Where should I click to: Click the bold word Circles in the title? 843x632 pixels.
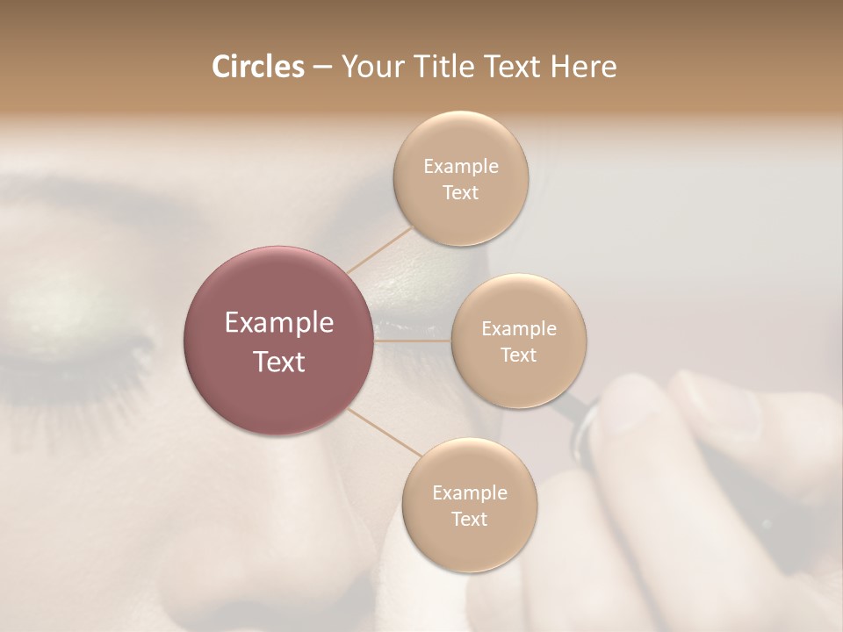(258, 67)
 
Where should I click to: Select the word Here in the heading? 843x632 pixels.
(583, 67)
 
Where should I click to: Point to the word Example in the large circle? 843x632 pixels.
(279, 323)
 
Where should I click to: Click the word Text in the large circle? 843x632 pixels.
(279, 361)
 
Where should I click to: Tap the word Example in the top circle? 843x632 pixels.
(461, 167)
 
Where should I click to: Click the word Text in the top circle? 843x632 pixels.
(461, 192)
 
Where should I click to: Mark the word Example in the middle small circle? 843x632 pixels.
(519, 329)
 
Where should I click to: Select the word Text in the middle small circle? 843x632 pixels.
(519, 355)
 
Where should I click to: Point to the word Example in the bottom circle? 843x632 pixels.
(470, 493)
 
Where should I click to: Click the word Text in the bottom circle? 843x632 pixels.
(470, 519)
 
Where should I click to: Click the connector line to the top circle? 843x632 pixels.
(379, 248)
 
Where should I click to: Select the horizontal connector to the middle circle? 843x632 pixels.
(413, 341)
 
